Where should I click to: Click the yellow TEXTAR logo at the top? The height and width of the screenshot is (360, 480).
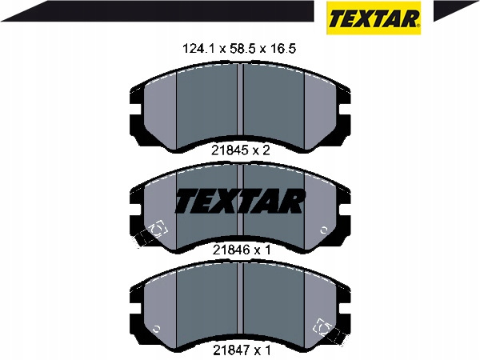pyautogui.click(x=374, y=18)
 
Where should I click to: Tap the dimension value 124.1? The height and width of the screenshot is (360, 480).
pyautogui.click(x=199, y=48)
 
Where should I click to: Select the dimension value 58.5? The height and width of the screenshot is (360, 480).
pyautogui.click(x=241, y=48)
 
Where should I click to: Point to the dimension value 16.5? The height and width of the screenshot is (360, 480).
pyautogui.click(x=282, y=48)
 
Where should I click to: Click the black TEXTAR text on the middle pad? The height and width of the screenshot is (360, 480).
pyautogui.click(x=240, y=201)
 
